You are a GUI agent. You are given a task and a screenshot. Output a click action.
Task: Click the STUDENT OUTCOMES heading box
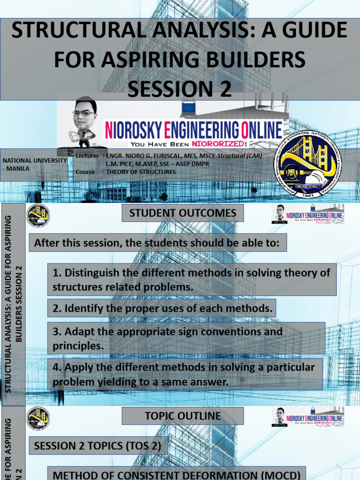tap(183, 213)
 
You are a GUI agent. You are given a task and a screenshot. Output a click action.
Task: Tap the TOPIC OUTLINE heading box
tap(183, 416)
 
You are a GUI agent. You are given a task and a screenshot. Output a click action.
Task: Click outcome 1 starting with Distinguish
tap(192, 279)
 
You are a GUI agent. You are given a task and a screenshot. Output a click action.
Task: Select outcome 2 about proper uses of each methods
tap(162, 308)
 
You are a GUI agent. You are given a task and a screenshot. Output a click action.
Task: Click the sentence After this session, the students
tap(157, 243)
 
